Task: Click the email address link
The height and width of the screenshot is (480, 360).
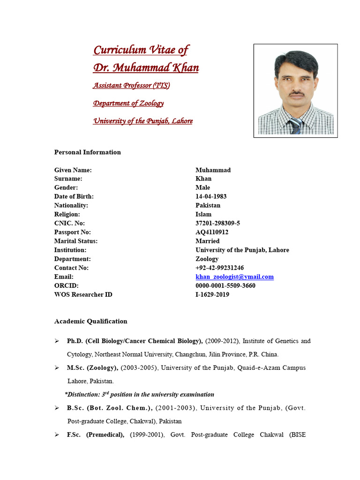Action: pos(234,277)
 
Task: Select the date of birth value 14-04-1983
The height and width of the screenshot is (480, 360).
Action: pos(211,196)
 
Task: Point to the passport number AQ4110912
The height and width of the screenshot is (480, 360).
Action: pos(212,232)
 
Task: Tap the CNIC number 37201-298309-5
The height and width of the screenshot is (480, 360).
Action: pos(217,223)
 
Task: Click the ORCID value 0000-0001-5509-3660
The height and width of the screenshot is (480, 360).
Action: pos(225,286)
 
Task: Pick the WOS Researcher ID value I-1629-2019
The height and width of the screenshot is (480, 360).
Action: pos(212,295)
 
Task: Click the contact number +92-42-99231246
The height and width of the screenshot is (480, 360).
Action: pos(219,268)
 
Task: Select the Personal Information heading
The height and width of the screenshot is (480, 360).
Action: pos(87,152)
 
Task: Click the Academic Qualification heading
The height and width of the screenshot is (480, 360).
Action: pos(90,322)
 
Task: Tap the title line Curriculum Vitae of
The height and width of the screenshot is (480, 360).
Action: pos(141,50)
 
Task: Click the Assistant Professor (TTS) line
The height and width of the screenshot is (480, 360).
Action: pos(131,86)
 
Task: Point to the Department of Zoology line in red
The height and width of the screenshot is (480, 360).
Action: pos(128,103)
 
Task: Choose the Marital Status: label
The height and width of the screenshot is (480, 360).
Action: pos(75,241)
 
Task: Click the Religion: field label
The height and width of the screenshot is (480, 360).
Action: pos(67,214)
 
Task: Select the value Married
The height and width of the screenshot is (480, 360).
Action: pos(207,241)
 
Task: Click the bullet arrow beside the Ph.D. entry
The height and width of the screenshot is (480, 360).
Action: pos(57,341)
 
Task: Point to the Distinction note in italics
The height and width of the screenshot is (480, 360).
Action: pos(139,395)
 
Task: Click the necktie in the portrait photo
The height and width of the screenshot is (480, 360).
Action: pos(295,126)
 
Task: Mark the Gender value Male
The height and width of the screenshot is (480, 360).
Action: pos(202,187)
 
